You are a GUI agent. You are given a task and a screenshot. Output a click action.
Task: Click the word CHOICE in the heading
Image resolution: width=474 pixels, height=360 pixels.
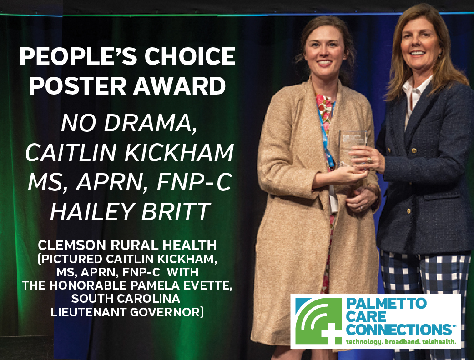point(190,56)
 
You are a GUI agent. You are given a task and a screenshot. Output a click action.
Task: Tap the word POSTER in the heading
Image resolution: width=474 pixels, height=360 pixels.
point(78,86)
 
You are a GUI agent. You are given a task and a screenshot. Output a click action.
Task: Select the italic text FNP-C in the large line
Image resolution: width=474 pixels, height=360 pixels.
point(194,182)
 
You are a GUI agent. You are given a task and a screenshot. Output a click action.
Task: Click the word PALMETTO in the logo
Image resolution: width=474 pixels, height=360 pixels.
point(386,304)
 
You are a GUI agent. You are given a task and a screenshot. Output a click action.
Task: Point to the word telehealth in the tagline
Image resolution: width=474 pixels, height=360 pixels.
point(439,342)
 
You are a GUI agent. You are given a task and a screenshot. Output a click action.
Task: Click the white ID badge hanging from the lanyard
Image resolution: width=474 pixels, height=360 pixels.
point(333,200)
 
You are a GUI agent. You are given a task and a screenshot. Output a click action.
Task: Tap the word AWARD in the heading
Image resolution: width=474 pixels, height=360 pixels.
point(180,86)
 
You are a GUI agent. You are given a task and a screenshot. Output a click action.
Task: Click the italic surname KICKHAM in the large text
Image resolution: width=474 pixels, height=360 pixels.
point(179,153)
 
